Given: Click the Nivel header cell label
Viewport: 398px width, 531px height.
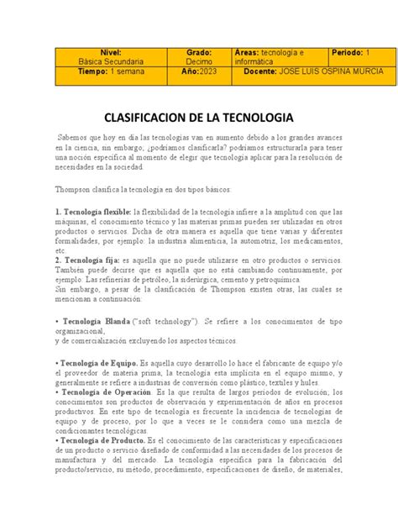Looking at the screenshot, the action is click(111, 52).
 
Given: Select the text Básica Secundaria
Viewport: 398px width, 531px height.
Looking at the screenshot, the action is click(111, 61).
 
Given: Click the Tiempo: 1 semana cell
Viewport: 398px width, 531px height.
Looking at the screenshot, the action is click(111, 71).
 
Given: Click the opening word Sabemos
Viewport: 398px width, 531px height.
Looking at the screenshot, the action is click(75, 135).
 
